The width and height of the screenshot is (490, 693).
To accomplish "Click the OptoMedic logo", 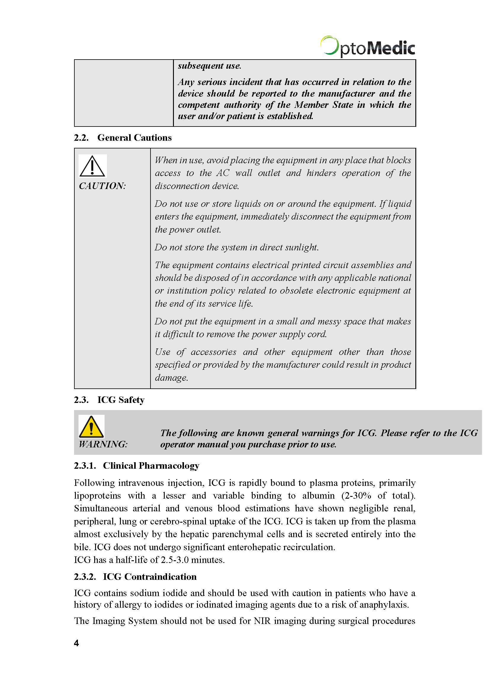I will [367, 47].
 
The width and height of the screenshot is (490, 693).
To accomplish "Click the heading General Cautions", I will [134, 138].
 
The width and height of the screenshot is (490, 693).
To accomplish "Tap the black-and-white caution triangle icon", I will [92, 166].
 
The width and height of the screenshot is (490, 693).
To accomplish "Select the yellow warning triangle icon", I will [92, 426].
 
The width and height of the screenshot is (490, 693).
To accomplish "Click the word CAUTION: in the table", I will [102, 186].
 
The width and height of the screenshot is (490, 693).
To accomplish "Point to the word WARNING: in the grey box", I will [103, 444].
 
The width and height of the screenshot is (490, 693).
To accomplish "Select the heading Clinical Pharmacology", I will [151, 466].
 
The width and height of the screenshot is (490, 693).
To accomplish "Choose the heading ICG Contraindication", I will [150, 577].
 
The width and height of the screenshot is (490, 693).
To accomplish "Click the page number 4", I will [76, 643].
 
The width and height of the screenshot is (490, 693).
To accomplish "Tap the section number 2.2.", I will [81, 138].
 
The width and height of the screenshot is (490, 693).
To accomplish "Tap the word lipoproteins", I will [97, 496].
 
